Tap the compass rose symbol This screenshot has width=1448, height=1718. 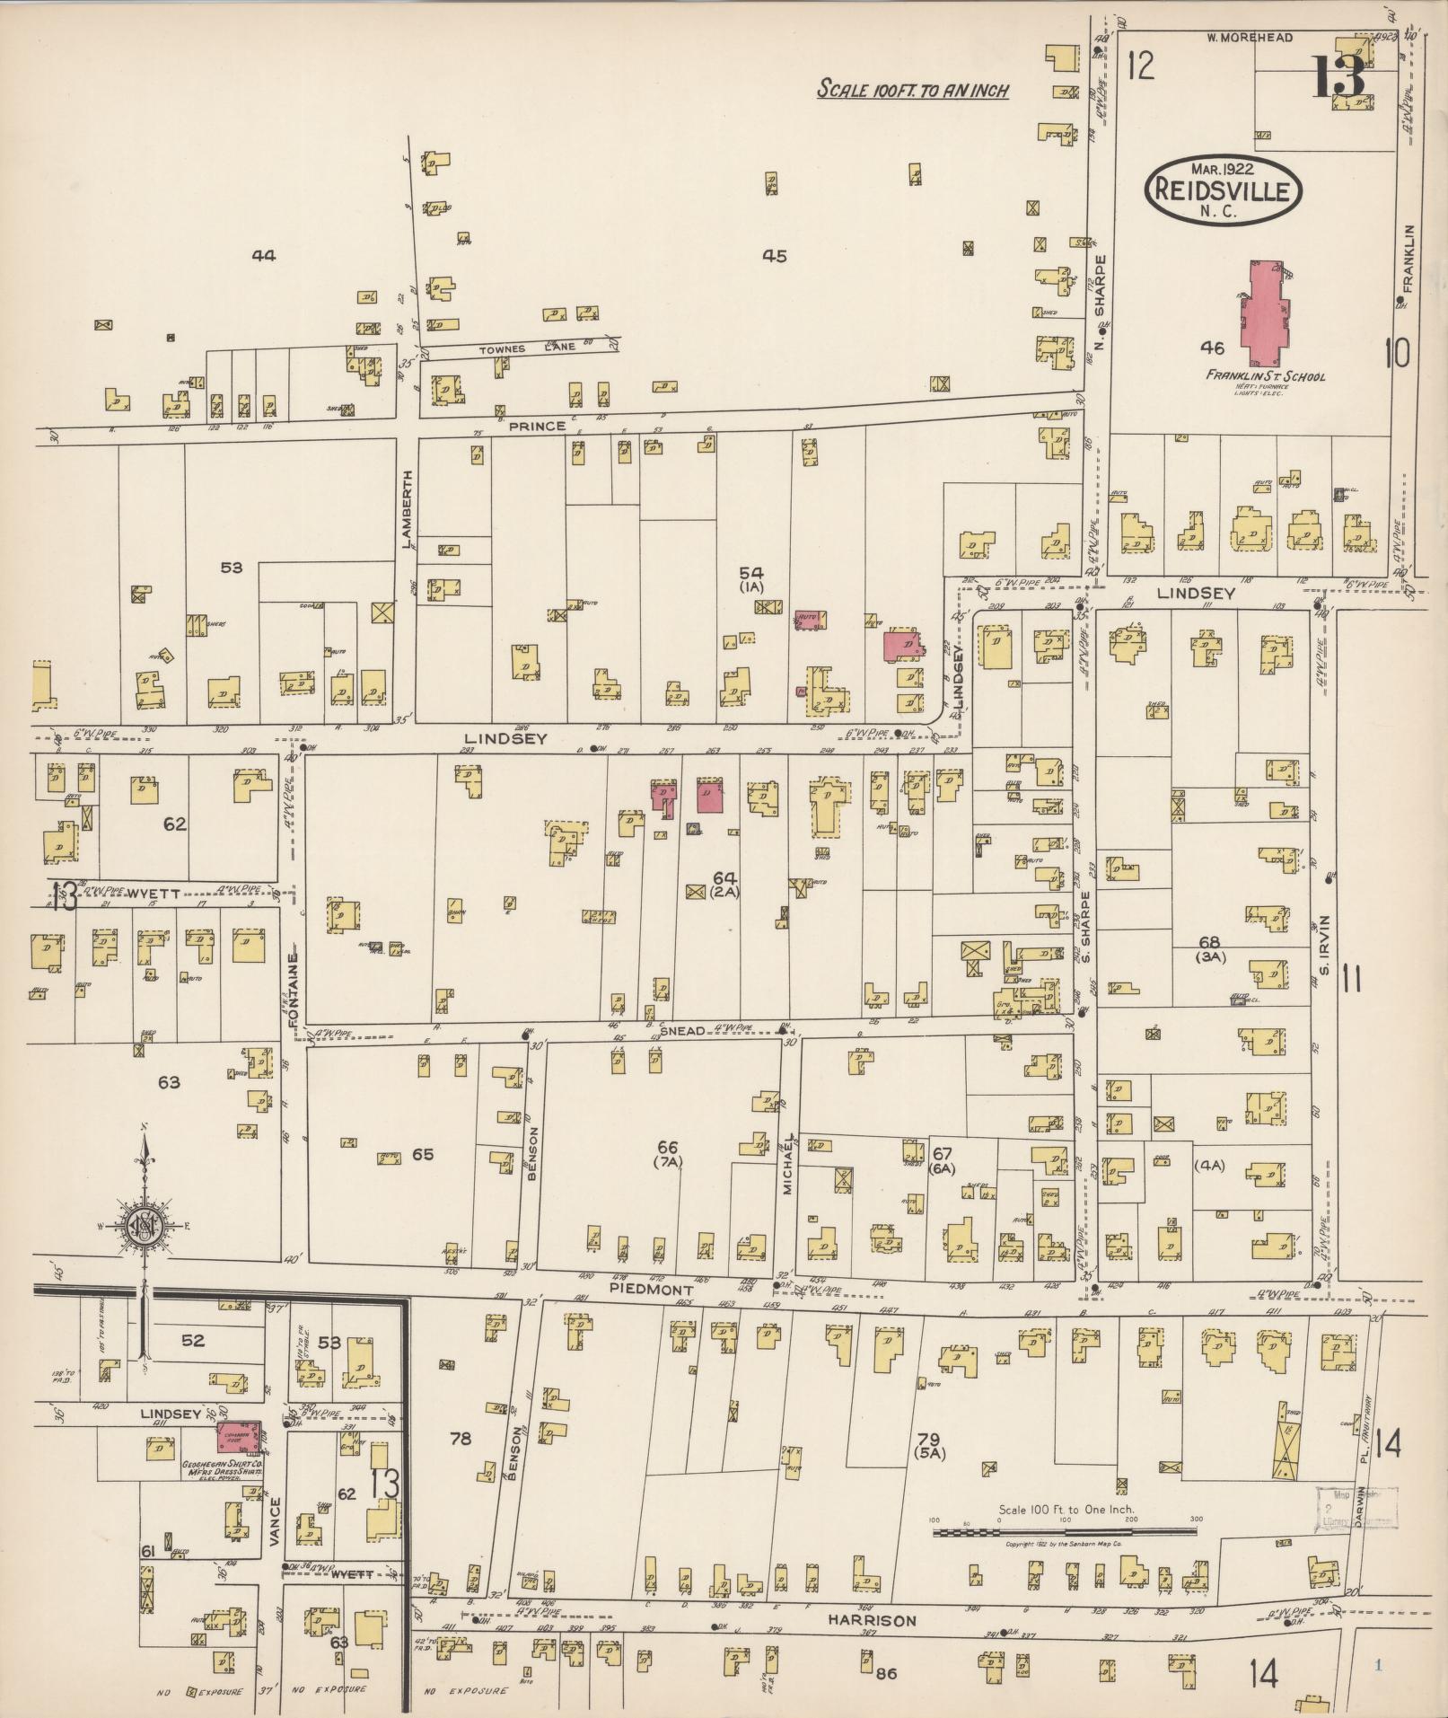pyautogui.click(x=142, y=1227)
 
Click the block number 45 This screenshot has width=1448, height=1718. pyautogui.click(x=774, y=256)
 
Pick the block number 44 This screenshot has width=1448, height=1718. pyautogui.click(x=263, y=256)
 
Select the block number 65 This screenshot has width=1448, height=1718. pyautogui.click(x=422, y=1154)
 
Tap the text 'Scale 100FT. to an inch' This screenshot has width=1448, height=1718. pyautogui.click(x=913, y=90)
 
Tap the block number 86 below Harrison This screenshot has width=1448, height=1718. pyautogui.click(x=886, y=1672)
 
